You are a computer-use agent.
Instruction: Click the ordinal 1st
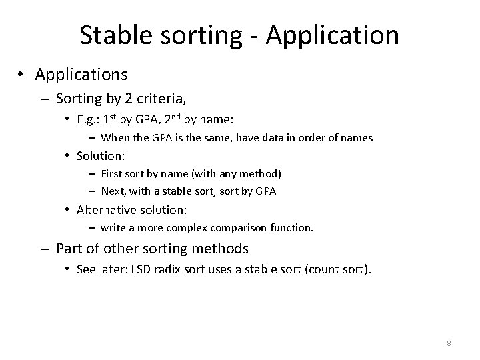click(x=111, y=119)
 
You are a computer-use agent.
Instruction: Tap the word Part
click(x=69, y=249)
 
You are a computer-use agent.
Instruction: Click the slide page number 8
click(x=449, y=343)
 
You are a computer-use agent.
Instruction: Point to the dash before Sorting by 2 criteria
click(x=46, y=99)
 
